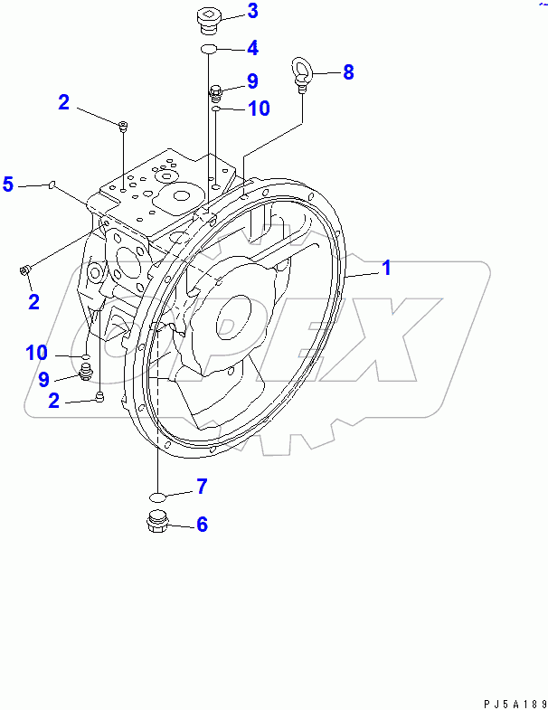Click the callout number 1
tap(386, 268)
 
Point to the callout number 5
tap(8, 185)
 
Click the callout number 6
tap(202, 524)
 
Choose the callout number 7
tap(202, 487)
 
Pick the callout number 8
tap(348, 72)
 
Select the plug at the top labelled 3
tap(209, 17)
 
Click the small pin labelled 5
tap(52, 185)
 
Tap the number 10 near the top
tap(258, 109)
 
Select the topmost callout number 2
tap(63, 102)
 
